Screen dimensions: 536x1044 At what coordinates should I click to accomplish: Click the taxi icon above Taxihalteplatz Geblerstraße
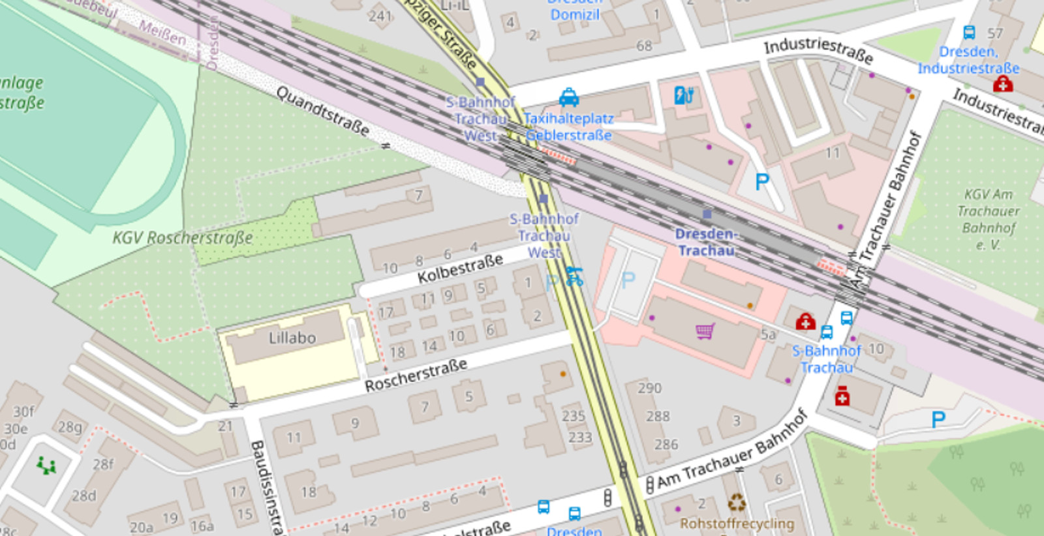(x=569, y=98)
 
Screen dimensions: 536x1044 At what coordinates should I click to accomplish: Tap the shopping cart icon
(x=705, y=331)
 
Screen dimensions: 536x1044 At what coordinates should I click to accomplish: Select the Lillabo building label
(x=292, y=338)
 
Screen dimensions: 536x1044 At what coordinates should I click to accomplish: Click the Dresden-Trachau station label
(x=705, y=242)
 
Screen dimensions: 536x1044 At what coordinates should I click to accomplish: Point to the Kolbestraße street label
(x=460, y=269)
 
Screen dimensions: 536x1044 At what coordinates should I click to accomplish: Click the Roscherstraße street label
(x=416, y=375)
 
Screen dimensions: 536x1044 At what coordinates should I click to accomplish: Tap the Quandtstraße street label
(x=322, y=111)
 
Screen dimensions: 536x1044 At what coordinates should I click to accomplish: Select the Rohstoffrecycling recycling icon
(x=737, y=503)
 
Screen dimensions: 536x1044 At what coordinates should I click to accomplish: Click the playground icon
(x=46, y=465)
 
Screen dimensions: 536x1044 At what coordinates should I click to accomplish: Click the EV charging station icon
(x=683, y=95)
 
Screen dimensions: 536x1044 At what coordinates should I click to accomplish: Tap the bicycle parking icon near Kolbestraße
(x=574, y=276)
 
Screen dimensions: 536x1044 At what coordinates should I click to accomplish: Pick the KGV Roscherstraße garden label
(x=182, y=237)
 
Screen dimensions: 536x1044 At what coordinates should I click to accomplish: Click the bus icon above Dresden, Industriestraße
(x=970, y=32)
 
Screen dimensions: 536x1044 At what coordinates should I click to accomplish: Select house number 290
(x=649, y=388)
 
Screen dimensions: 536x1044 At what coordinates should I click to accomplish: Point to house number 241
(x=380, y=16)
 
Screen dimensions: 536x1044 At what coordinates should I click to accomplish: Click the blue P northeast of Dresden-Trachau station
(x=761, y=181)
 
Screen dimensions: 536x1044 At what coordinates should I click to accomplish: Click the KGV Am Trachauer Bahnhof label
(x=988, y=219)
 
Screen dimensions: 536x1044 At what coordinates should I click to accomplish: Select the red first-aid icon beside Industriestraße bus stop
(x=1003, y=84)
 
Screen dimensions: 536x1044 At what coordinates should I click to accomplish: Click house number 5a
(x=768, y=335)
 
